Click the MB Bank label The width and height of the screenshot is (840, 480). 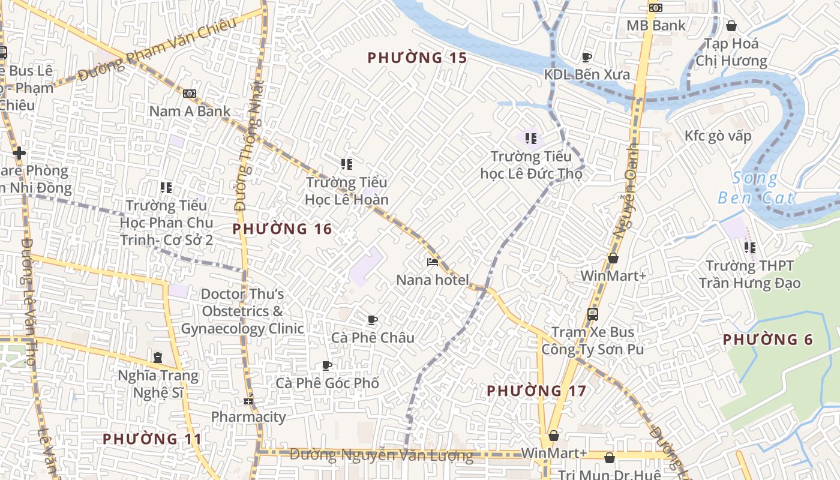[x=656, y=25]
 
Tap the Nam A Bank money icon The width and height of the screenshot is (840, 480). [x=190, y=94]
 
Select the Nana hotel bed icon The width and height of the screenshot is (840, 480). [x=432, y=262]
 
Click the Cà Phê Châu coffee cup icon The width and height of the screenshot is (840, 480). [x=372, y=320]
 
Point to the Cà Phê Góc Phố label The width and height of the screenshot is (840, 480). [x=327, y=383]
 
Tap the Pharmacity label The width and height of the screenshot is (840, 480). [x=248, y=416]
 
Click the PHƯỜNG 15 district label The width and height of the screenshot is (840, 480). [x=417, y=58]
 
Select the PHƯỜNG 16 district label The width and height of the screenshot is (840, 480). [x=282, y=229]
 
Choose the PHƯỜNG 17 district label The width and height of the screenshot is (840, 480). [x=536, y=391]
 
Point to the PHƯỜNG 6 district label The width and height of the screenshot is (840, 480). [x=767, y=340]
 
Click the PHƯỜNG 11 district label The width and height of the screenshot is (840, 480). [x=152, y=439]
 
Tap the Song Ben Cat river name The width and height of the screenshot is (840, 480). [x=756, y=188]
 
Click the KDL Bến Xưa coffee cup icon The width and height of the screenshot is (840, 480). [x=586, y=57]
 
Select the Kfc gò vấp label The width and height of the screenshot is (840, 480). [x=718, y=136]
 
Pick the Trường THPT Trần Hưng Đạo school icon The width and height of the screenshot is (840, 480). [x=749, y=247]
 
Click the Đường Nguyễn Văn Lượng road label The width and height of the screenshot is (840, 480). [x=381, y=455]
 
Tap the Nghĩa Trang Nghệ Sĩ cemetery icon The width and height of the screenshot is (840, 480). [x=157, y=358]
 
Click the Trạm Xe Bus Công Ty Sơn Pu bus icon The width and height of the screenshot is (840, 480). [x=592, y=314]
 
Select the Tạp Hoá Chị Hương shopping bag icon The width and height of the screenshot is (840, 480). [x=731, y=26]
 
